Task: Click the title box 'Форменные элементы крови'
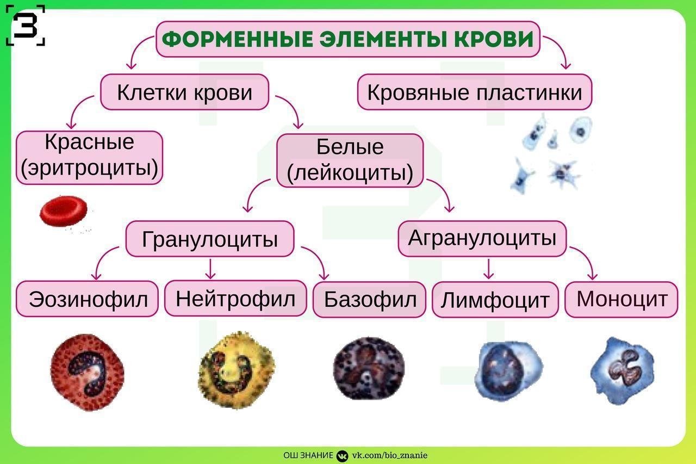(x=348, y=39)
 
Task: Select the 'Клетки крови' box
(x=184, y=92)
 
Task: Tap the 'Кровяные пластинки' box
(x=475, y=92)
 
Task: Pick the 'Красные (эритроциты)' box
(x=90, y=158)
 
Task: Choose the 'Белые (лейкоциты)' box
(x=350, y=160)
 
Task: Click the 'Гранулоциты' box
(x=210, y=239)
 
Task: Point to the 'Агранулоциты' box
(x=482, y=239)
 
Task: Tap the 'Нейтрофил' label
(x=235, y=298)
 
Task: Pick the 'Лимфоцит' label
(x=495, y=300)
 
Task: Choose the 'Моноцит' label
(x=622, y=300)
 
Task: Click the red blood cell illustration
(x=64, y=211)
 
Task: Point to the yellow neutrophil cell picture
(x=236, y=370)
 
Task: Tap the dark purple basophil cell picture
(x=369, y=369)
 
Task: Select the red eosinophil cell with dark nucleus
(x=88, y=372)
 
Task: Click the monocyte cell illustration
(x=623, y=371)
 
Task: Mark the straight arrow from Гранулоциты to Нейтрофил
(x=210, y=269)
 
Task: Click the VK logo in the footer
(x=342, y=456)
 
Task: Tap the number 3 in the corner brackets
(x=25, y=26)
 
